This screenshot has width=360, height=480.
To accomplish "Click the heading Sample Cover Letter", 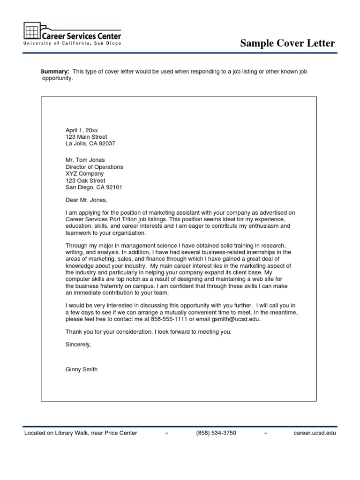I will (287, 44).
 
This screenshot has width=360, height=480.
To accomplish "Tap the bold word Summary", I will (55, 71).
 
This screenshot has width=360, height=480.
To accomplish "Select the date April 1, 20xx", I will (82, 130).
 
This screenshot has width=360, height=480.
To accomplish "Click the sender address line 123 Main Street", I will (86, 137).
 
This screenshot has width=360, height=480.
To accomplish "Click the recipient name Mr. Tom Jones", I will (85, 160).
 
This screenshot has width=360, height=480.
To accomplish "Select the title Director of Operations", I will (94, 167).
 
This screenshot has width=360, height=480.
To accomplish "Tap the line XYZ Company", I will (85, 174).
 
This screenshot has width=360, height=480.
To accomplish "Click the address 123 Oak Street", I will (85, 181).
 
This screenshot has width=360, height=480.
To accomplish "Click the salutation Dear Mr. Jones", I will (86, 201).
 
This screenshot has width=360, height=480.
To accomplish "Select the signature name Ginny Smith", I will (82, 369).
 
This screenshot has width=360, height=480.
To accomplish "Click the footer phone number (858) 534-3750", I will (216, 433).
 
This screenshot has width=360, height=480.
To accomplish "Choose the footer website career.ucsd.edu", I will (315, 433).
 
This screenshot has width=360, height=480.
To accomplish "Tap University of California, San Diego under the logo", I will (72, 44).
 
